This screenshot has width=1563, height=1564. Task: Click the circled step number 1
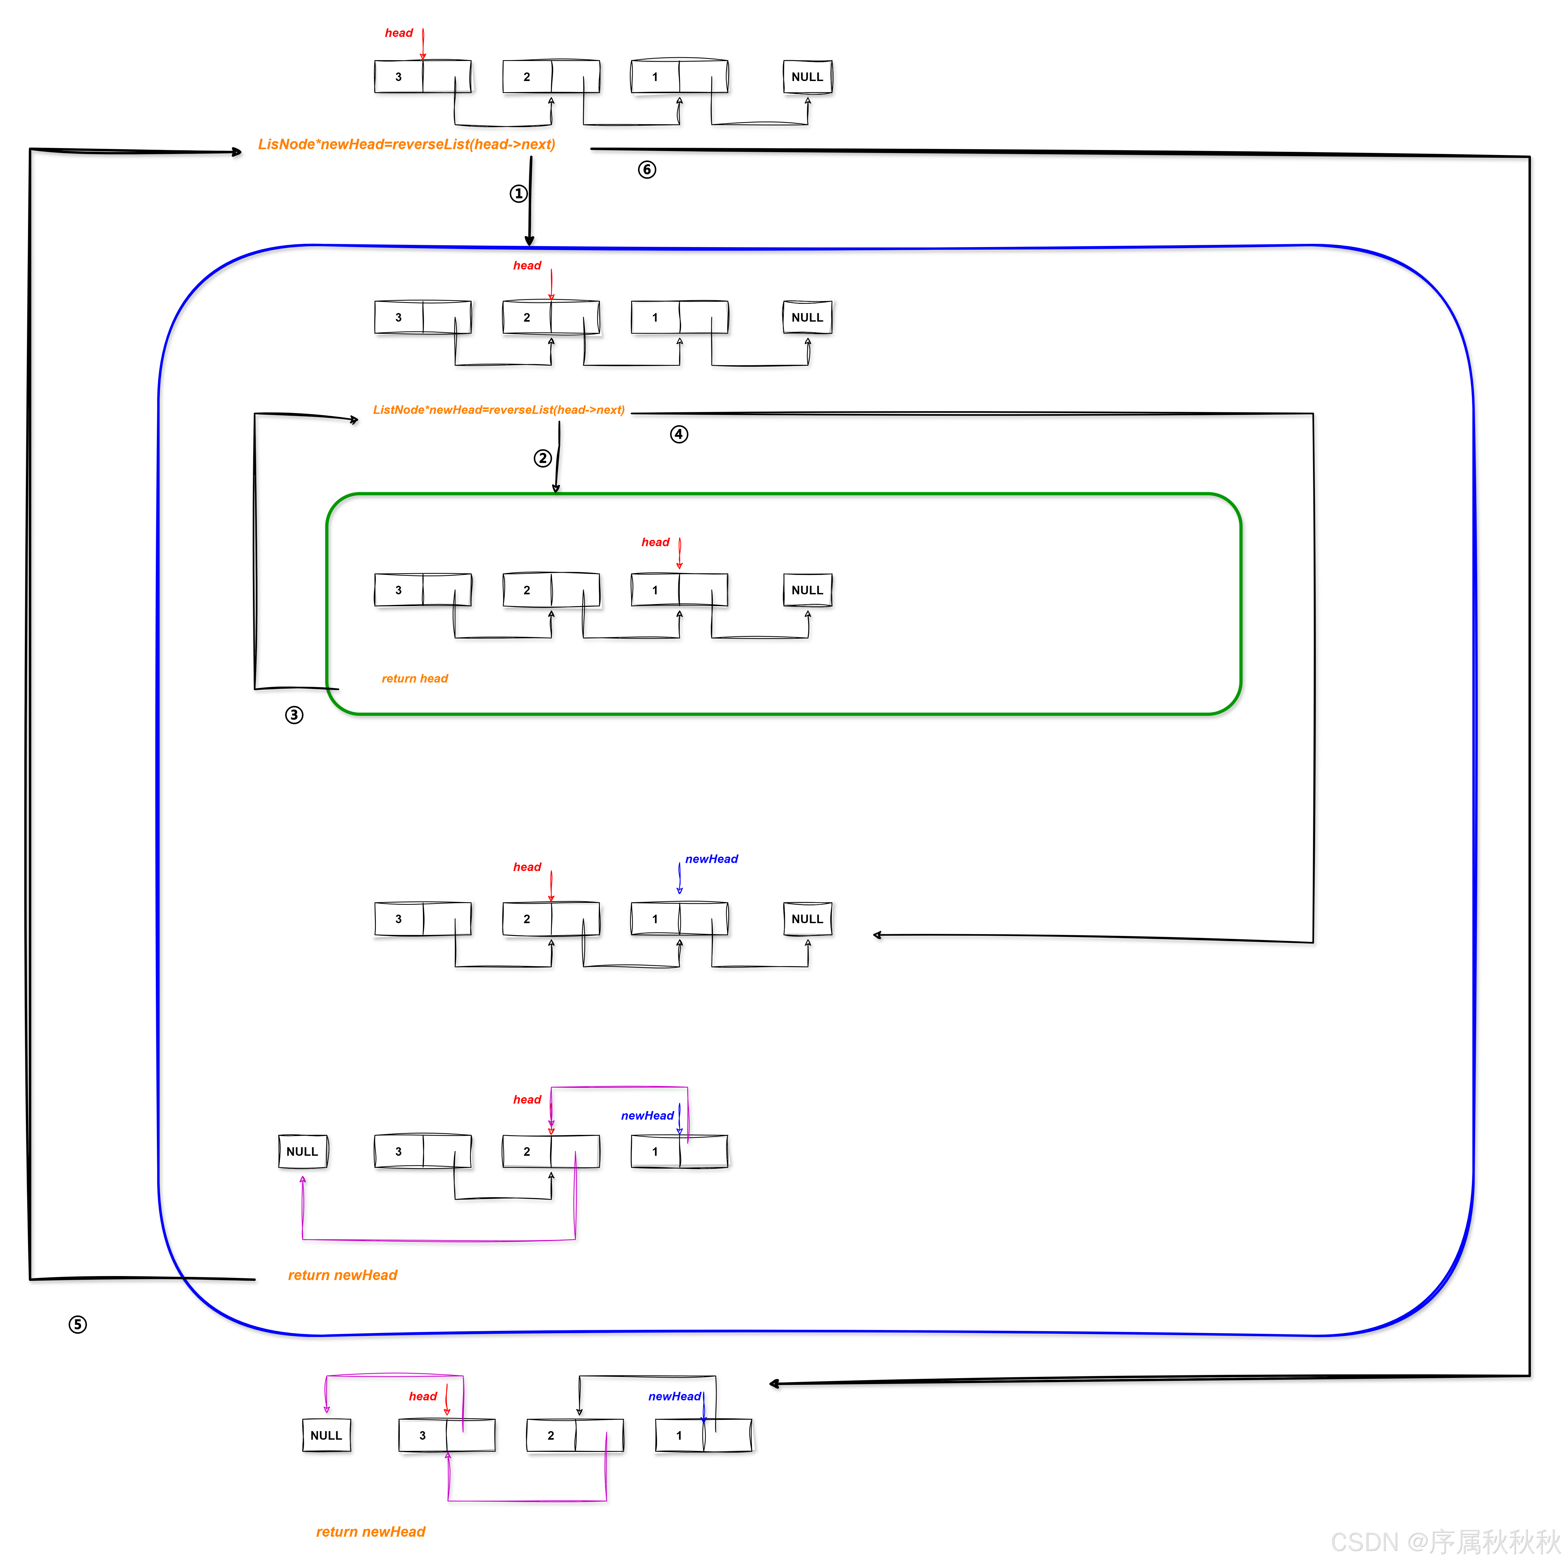pos(518,194)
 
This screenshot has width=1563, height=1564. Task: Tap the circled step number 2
pos(542,458)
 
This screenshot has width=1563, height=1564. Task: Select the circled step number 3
pos(294,715)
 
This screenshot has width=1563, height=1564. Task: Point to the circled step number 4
pos(678,435)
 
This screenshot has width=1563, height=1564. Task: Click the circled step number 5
pos(78,1324)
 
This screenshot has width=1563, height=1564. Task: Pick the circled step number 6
pos(647,169)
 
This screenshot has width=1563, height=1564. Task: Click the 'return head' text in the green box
pos(414,678)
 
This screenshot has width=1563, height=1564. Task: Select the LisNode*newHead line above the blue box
pos(406,144)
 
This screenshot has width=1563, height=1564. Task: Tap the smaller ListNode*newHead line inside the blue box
pos(499,410)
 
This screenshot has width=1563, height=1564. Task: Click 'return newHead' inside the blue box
pos(342,1275)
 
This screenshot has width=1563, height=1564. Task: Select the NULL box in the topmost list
pos(807,77)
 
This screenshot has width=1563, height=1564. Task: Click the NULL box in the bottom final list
pos(326,1435)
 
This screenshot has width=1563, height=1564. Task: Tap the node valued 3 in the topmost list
pos(398,77)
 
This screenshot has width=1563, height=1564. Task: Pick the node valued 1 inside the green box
pos(655,590)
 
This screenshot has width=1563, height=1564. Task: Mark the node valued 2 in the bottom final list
pos(550,1435)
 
